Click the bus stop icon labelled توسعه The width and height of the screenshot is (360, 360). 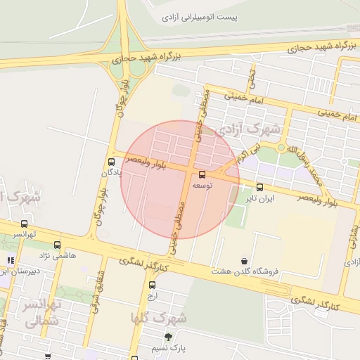pyautogui.click(x=202, y=173)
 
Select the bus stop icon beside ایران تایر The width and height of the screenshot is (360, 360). pyautogui.click(x=260, y=187)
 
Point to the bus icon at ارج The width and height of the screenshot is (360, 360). pyautogui.click(x=153, y=285)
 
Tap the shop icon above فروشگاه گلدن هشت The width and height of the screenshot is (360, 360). pyautogui.click(x=244, y=261)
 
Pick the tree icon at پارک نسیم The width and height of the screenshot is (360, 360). pyautogui.click(x=168, y=337)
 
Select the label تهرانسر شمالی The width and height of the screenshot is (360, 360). pyautogui.click(x=41, y=314)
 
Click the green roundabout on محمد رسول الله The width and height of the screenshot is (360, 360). pyautogui.click(x=282, y=148)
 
